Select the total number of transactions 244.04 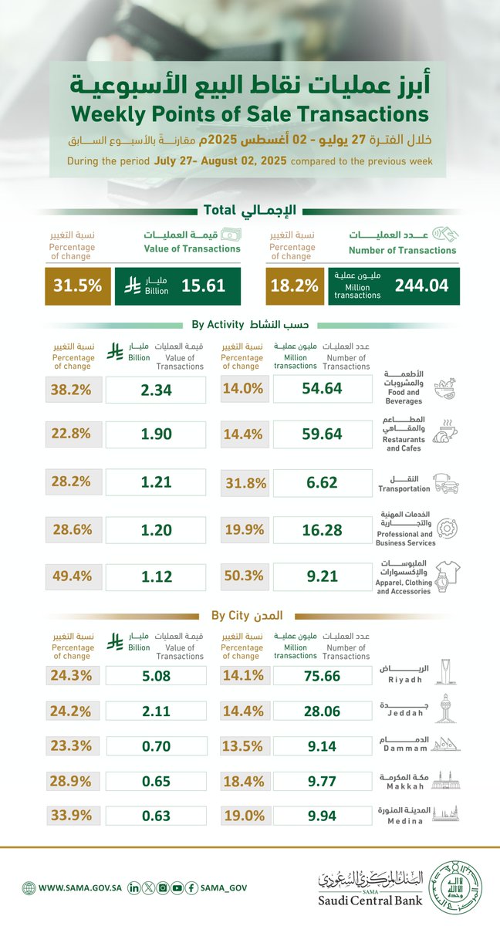coord(421,286)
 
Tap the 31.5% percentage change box coord(77,286)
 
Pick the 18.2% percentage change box coord(294,286)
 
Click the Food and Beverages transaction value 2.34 coord(155,390)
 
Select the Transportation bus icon coord(447,484)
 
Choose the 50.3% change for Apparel coord(243,574)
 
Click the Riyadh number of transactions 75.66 coord(322,675)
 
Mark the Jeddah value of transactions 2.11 coord(155,711)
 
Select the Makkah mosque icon coord(447,780)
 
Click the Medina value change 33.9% coord(73,815)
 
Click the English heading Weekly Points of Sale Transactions coord(249,114)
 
